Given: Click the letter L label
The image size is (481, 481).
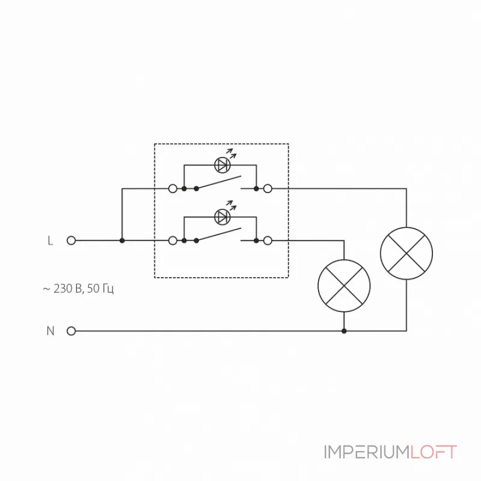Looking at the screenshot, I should pos(51,240).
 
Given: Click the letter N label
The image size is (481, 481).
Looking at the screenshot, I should pos(51,331).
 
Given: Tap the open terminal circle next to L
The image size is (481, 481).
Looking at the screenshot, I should pos(71,240).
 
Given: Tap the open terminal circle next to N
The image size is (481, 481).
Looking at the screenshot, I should pos(71,331).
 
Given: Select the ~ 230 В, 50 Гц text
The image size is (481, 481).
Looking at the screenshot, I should pos(78,289).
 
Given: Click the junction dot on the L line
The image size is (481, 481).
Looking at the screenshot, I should pos(122,240).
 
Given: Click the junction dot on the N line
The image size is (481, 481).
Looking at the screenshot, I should pos(344,331).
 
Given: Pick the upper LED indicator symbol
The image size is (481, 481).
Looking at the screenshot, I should pos(222,164).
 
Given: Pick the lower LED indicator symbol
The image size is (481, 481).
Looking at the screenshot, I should pos(222,216).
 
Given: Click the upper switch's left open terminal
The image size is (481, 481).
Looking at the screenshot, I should pos(173,189).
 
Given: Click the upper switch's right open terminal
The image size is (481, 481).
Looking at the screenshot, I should pos(268,189).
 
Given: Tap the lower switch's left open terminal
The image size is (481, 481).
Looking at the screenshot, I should pos(173,240).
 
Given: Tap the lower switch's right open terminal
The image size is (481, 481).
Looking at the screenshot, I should pos(268,240).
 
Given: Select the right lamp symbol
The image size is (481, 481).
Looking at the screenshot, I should pos(406,253).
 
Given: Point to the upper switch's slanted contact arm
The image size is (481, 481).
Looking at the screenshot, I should pos(219,182).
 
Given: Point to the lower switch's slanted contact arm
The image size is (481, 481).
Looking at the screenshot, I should pos(219,234).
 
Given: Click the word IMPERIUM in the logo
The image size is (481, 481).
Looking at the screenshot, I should pos(367,452).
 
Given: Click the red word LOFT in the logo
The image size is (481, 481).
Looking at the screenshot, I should pos(434,452).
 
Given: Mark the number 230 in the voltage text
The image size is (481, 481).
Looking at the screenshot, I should pos(63,289).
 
